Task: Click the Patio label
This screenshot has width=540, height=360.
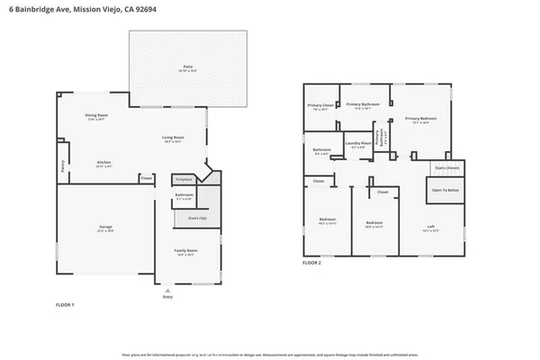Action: point(188,67)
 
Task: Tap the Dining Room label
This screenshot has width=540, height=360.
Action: point(97,115)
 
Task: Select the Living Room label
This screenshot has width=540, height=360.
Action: point(172,138)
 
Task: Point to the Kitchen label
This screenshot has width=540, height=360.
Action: point(104,162)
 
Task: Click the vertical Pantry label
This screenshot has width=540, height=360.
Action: point(63,165)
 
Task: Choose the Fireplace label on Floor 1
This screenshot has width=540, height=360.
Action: point(184,180)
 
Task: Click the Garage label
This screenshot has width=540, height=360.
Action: point(105,228)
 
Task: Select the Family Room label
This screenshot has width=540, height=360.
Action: point(185,252)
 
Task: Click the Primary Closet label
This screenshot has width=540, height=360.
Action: point(321,105)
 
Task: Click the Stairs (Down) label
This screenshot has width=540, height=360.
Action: point(446,167)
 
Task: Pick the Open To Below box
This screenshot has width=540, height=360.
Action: point(445,190)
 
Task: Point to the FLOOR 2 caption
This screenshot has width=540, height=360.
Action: point(311,262)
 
